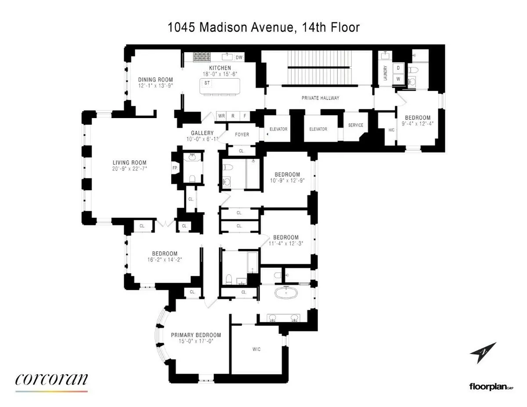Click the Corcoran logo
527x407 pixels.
pos(51,380)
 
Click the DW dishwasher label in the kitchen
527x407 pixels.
pos(239,58)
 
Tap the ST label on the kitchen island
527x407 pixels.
pos(206,83)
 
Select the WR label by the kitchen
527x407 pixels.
pos(221,116)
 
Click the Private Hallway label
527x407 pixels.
pos(320,98)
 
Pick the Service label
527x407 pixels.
pos(355,125)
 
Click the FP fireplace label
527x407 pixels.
pos(174,168)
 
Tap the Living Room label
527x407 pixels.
pos(130,162)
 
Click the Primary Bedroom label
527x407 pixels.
pos(196,335)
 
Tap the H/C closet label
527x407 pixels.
pos(391,130)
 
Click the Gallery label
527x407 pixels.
pos(202,133)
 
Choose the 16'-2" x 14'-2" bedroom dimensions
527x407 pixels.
pos(165,259)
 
